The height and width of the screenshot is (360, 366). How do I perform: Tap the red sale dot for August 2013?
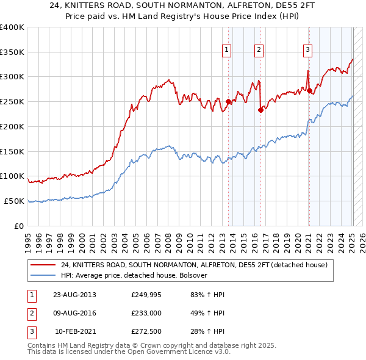pos(228,102)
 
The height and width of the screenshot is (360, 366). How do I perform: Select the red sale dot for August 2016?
pos(260,110)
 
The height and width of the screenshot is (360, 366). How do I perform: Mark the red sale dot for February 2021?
pos(309,91)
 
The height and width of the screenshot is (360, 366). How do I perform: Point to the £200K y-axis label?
pos(12,126)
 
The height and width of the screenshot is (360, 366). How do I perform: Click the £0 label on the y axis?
pos(20,226)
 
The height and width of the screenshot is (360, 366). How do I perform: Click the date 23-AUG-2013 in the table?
pos(75,295)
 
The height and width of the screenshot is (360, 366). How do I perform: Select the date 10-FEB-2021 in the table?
pos(75,333)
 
